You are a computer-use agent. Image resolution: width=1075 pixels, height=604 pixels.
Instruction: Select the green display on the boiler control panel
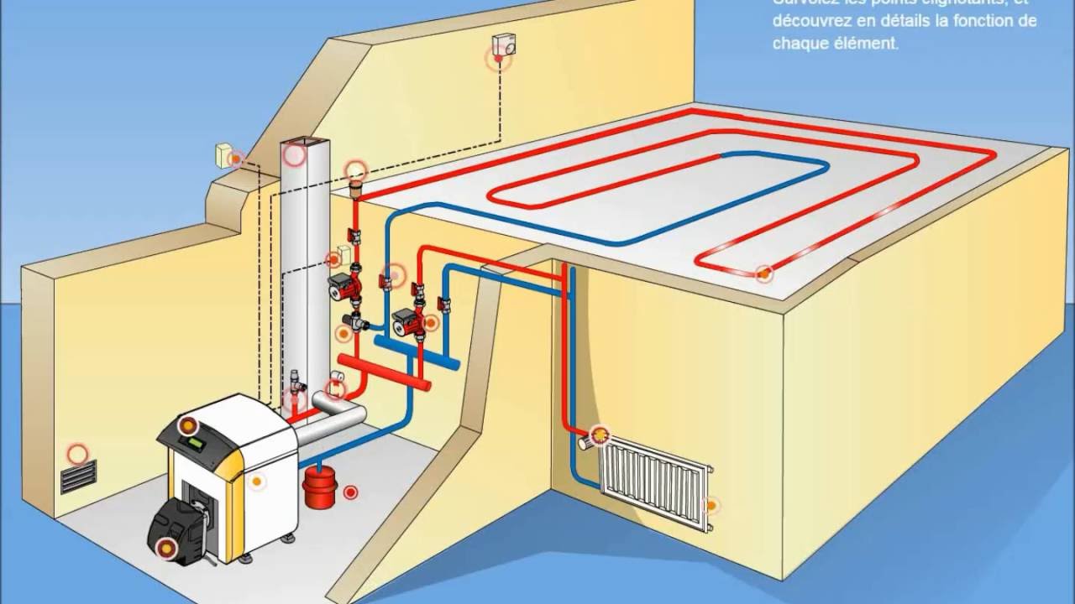(x=196, y=443)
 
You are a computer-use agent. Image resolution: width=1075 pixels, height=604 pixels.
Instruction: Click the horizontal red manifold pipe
(x=385, y=373)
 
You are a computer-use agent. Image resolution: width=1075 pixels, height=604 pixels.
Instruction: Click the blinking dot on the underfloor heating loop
(x=763, y=272)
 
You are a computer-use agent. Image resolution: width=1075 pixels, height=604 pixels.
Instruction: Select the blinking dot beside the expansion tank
(x=350, y=492)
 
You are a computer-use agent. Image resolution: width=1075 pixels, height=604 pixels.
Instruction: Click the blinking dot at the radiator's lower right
(x=711, y=505)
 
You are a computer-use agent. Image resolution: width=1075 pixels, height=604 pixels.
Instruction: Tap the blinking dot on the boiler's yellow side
(x=256, y=482)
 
